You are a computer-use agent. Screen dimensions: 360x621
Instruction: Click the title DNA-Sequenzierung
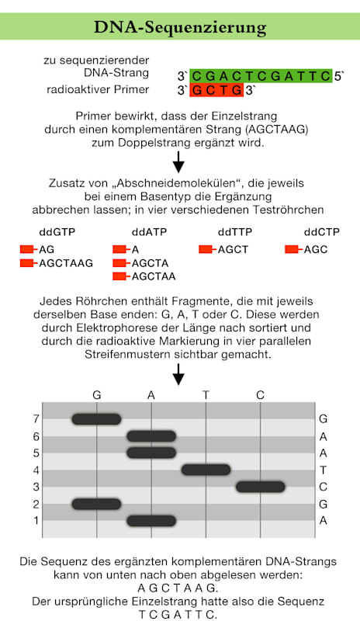click(x=179, y=28)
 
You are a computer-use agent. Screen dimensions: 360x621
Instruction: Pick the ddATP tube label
click(x=147, y=232)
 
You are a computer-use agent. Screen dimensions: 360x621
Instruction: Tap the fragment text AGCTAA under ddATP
click(x=153, y=276)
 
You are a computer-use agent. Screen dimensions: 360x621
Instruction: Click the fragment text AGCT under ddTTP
click(x=232, y=249)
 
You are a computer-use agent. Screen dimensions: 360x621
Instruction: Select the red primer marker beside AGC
click(x=292, y=249)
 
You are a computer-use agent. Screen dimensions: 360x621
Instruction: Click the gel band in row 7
click(x=96, y=419)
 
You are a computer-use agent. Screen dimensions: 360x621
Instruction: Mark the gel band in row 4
click(x=206, y=470)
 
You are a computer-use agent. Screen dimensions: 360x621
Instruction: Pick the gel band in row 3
click(x=260, y=487)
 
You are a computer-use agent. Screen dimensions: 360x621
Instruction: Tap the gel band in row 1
click(x=151, y=520)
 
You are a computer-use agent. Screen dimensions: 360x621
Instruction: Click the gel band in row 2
click(x=96, y=504)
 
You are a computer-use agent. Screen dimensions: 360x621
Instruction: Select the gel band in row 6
click(x=151, y=436)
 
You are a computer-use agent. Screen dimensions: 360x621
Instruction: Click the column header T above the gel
click(x=206, y=395)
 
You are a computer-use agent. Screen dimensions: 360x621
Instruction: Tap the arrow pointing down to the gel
click(x=179, y=377)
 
